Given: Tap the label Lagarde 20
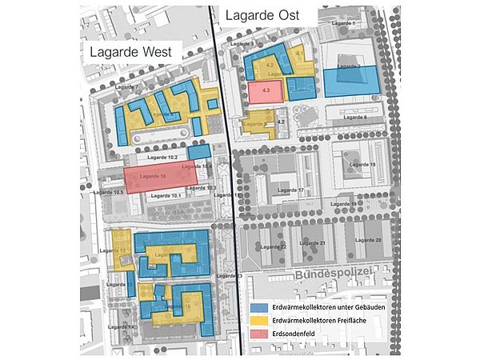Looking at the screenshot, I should pyautogui.click(x=373, y=239).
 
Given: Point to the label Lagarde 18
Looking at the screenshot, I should pyautogui.click(x=362, y=164).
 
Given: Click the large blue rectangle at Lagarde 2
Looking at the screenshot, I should pyautogui.click(x=349, y=81).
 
